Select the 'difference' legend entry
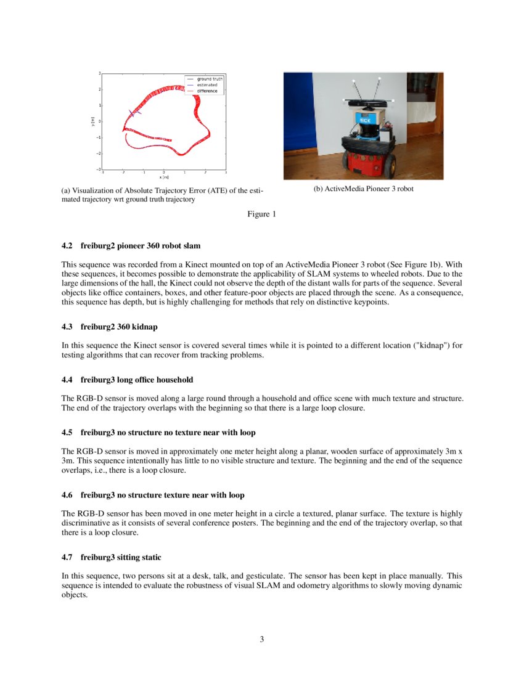207,91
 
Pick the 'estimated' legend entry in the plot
207,85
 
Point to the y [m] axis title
92,121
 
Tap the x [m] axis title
164,177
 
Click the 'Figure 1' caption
261,214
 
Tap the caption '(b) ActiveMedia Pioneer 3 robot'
363,189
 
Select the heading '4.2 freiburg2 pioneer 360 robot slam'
131,246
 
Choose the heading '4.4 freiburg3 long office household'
136,380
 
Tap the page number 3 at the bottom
261,640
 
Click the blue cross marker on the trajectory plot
133,113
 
